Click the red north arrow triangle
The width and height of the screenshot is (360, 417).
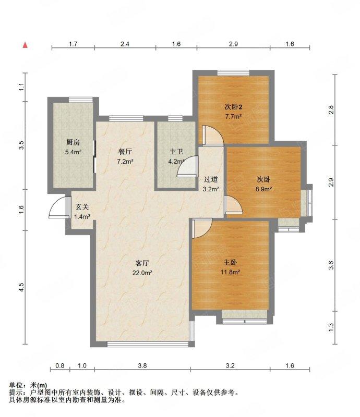click(25, 45)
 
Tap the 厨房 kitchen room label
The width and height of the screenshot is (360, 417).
click(73, 142)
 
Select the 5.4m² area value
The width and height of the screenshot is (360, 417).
click(73, 152)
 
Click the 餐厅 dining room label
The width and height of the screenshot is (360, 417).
click(125, 152)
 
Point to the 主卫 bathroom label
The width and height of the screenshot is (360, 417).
click(176, 152)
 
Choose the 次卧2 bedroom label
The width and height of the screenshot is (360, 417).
click(233, 107)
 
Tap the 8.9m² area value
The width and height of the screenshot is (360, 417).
click(263, 189)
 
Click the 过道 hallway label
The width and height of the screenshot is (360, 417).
click(211, 179)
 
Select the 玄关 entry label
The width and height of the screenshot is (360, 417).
click(82, 207)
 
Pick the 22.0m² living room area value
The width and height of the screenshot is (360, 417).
click(142, 273)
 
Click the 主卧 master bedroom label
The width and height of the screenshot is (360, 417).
click(230, 263)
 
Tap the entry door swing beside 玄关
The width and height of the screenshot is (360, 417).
click(59, 207)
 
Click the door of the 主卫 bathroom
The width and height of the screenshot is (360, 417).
click(187, 166)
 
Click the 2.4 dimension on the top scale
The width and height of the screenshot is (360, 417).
click(125, 44)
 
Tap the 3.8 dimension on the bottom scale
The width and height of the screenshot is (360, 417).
click(142, 366)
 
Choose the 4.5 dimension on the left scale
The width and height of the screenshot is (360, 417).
click(21, 287)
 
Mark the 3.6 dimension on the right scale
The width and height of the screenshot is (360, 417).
click(331, 265)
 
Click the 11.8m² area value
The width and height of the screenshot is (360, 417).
click(230, 272)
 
